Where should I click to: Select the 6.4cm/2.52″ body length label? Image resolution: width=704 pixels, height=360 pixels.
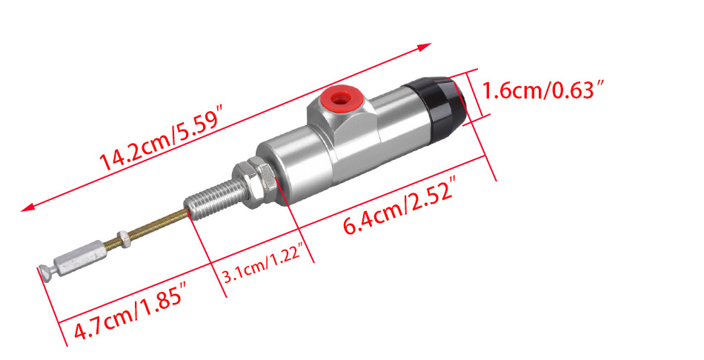tap(401, 207)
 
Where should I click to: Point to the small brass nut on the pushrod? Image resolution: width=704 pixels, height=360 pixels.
tap(121, 238)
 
